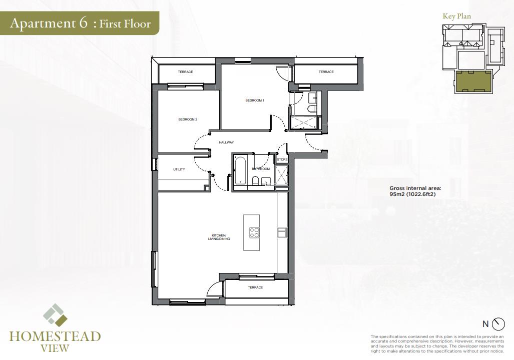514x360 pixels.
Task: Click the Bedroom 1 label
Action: tap(255, 100)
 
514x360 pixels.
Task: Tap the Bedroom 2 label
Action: tap(188, 119)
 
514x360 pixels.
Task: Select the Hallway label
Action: tap(227, 142)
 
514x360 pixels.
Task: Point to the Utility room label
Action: tap(179, 169)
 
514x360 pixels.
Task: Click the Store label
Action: tap(282, 159)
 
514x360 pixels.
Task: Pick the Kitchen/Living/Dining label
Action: tap(219, 237)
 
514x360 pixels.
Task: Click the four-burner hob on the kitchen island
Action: tap(254, 232)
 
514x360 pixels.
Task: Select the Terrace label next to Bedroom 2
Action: tap(186, 71)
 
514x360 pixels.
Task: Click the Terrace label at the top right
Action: tap(326, 71)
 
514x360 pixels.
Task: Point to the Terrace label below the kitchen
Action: tap(255, 287)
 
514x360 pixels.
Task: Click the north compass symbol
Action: tap(498, 323)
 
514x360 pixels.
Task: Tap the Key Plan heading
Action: tap(456, 16)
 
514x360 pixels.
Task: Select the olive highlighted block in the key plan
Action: tap(473, 82)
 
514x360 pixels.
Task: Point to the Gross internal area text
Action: tap(415, 191)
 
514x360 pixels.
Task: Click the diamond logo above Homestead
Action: tap(55, 315)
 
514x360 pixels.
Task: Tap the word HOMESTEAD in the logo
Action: tap(55, 336)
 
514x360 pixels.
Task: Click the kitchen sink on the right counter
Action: tap(282, 232)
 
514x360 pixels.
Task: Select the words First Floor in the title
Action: tap(125, 23)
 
